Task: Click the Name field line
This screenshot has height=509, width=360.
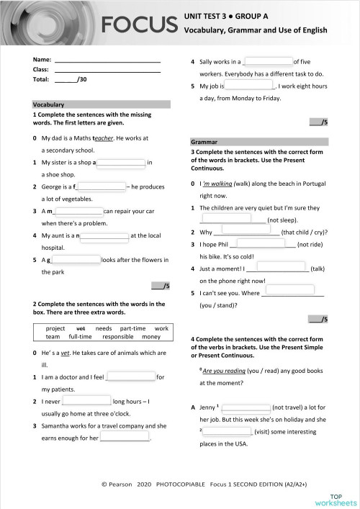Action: tap(107, 59)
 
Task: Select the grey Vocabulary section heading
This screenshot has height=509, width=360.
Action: tap(101, 104)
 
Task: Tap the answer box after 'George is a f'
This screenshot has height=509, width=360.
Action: tap(101, 186)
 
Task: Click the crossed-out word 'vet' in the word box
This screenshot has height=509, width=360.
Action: tap(80, 328)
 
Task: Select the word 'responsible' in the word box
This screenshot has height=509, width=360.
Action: tap(118, 336)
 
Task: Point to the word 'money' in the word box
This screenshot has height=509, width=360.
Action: tap(151, 336)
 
